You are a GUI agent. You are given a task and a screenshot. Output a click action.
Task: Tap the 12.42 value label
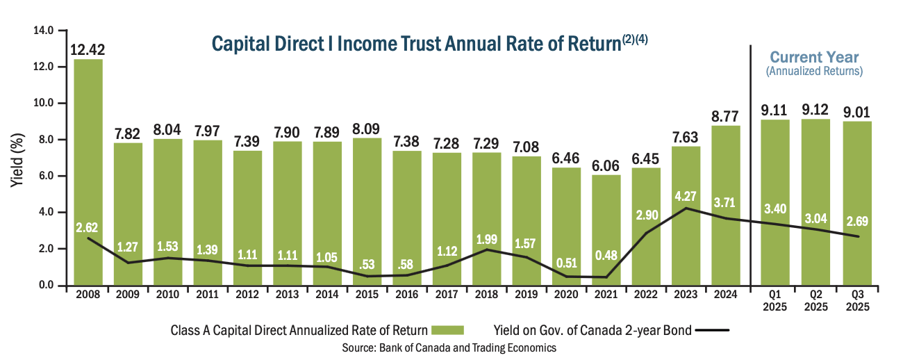coord(88,50)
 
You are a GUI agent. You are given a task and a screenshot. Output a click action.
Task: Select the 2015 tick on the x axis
coord(367,295)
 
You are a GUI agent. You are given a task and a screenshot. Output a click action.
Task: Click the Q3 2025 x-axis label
coord(855,300)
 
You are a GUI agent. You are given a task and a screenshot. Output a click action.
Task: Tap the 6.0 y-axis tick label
coord(47,176)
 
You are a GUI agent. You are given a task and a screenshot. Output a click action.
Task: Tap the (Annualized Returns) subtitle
coord(814,71)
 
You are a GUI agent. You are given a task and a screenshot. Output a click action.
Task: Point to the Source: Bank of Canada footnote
coord(449,347)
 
